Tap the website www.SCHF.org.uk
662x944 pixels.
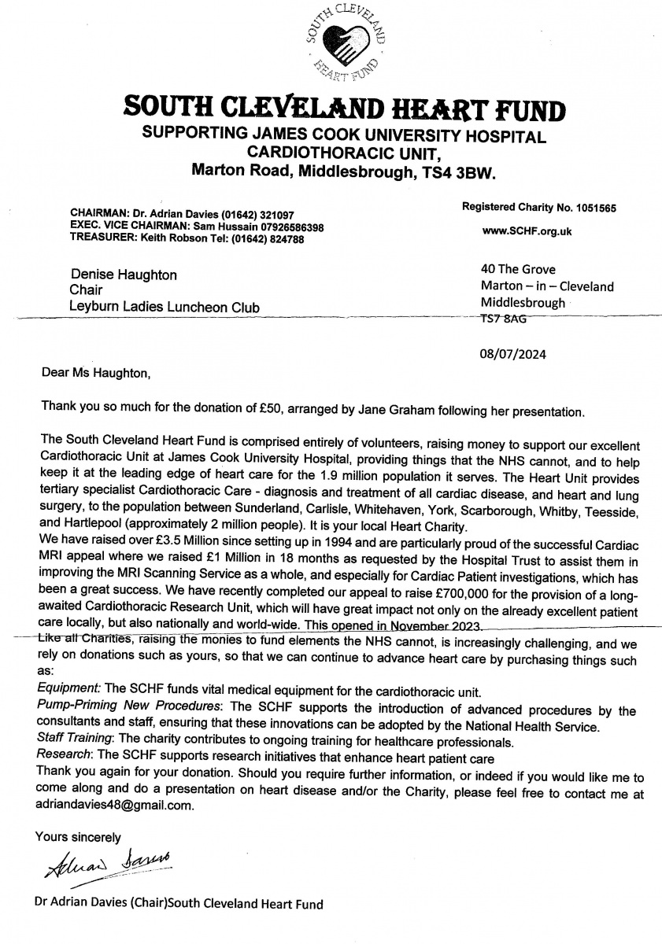[527, 231]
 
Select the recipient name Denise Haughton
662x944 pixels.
[124, 275]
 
